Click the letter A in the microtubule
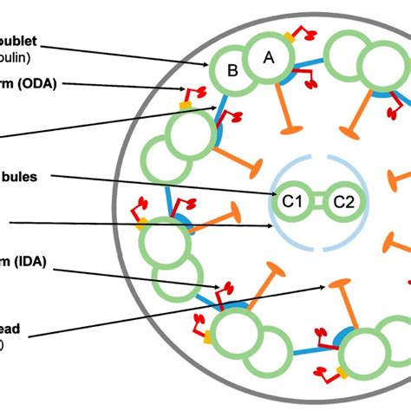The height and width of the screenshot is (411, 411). point(268,56)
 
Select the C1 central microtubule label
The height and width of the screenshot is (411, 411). point(290,202)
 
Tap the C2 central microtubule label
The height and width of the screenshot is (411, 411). point(344,202)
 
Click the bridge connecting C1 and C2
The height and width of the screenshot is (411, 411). point(317,202)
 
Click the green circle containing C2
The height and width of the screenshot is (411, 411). point(344,202)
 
